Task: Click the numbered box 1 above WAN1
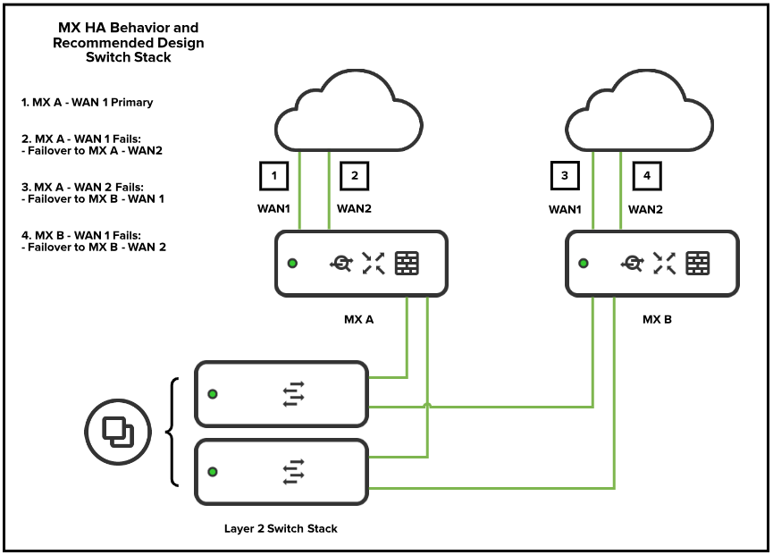273,176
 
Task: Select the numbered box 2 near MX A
355,176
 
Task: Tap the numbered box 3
565,176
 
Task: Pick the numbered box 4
646,176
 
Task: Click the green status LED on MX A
292,264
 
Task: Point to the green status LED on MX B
584,264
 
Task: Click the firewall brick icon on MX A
407,263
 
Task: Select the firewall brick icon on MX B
698,263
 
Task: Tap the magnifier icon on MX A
341,263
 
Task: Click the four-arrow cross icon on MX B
664,263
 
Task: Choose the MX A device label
358,318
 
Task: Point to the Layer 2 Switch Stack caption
281,528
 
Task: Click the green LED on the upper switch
213,394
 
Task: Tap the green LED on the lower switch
213,472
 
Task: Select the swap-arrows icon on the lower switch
293,471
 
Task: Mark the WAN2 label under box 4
646,210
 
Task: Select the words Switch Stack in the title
129,57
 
